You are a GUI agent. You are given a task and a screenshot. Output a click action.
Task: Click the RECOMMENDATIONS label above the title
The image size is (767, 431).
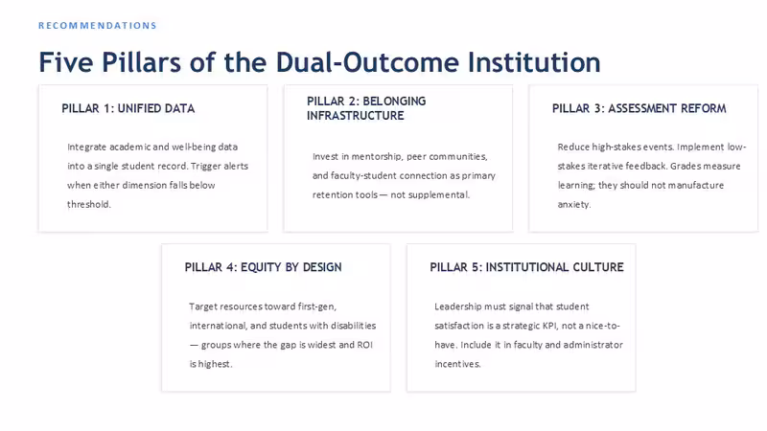click(x=98, y=26)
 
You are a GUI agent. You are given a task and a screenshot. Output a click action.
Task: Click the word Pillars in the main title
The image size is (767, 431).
click(x=141, y=62)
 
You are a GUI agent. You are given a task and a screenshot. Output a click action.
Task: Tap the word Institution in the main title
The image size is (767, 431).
click(x=534, y=62)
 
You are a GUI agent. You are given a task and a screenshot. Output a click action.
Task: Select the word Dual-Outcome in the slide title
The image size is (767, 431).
click(x=367, y=62)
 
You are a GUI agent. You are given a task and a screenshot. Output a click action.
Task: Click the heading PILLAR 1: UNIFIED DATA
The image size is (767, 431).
click(x=128, y=108)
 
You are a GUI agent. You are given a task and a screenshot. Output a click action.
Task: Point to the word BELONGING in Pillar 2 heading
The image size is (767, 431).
click(x=394, y=102)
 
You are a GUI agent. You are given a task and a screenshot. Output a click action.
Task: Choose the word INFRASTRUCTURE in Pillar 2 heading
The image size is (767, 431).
click(x=356, y=116)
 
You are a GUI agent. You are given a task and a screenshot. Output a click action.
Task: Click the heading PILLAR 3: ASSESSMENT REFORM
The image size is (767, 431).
click(x=639, y=108)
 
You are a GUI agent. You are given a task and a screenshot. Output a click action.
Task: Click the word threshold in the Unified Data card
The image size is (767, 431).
click(x=89, y=204)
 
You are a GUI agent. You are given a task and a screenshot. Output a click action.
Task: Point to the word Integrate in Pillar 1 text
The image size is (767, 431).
click(x=86, y=147)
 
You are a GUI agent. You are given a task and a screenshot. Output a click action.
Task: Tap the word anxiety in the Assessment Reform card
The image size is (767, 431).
click(x=574, y=204)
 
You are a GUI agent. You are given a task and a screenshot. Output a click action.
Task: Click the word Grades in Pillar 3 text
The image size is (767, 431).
click(x=685, y=166)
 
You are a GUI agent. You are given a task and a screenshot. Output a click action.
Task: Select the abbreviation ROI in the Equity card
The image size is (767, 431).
click(x=364, y=345)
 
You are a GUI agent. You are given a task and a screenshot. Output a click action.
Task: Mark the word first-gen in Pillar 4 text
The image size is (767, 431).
click(x=317, y=306)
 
